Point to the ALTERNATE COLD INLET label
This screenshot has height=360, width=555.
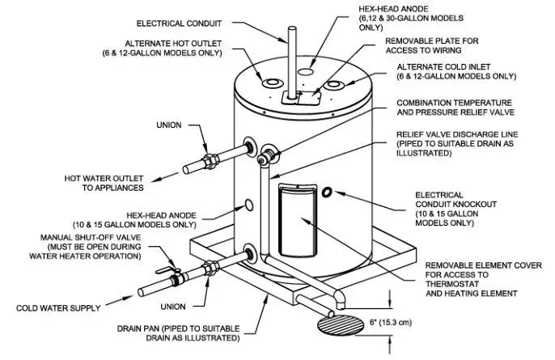pos(455,71)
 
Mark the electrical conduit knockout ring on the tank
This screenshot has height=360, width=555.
pos(328,193)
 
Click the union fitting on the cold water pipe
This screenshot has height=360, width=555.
pos(212,266)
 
